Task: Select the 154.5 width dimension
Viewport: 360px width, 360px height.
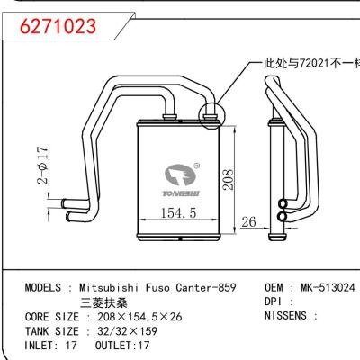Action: pyautogui.click(x=171, y=213)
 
